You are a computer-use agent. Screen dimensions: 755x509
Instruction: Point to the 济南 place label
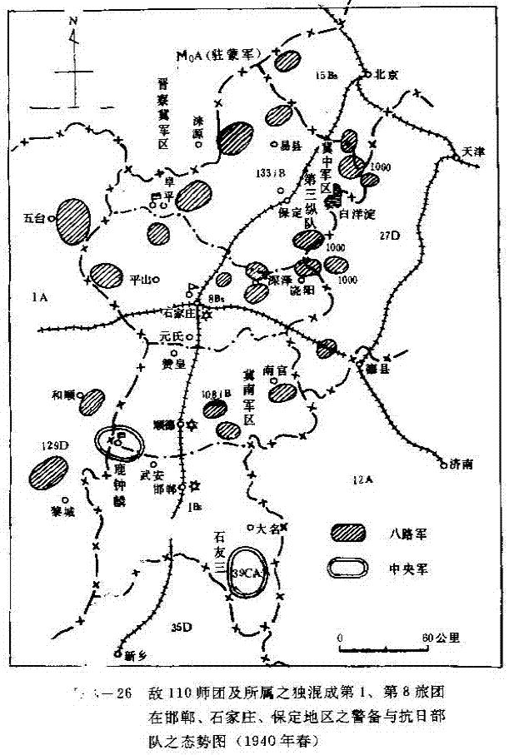click(460, 464)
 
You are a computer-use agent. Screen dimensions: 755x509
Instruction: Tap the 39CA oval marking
click(248, 573)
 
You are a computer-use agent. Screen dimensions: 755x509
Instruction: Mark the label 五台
click(34, 219)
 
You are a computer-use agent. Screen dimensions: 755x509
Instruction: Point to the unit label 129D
click(52, 446)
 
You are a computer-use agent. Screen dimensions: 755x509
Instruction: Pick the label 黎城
click(62, 514)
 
